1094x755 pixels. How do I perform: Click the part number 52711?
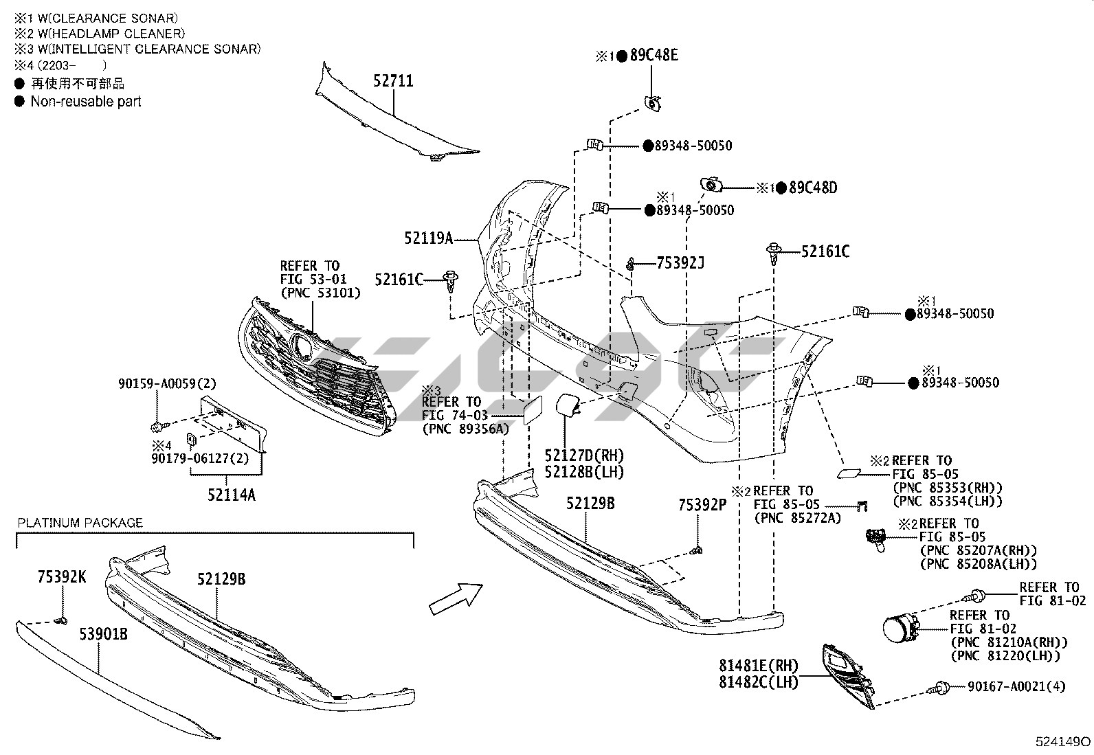click(x=393, y=81)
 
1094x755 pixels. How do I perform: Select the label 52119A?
click(x=428, y=238)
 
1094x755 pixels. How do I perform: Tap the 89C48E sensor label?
click(x=654, y=56)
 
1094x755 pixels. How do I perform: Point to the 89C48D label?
click(x=813, y=188)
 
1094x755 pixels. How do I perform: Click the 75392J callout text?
click(x=680, y=263)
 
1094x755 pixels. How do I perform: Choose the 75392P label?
click(x=702, y=505)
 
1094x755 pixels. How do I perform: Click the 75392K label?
click(x=62, y=577)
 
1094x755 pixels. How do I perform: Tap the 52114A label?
click(x=232, y=494)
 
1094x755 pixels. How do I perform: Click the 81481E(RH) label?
click(x=759, y=665)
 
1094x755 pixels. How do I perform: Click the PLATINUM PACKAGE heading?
click(x=80, y=523)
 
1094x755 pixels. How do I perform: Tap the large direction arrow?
click(x=455, y=596)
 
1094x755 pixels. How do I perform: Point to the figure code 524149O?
click(x=1062, y=742)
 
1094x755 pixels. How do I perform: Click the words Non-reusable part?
click(x=86, y=102)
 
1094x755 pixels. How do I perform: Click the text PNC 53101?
click(x=320, y=293)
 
